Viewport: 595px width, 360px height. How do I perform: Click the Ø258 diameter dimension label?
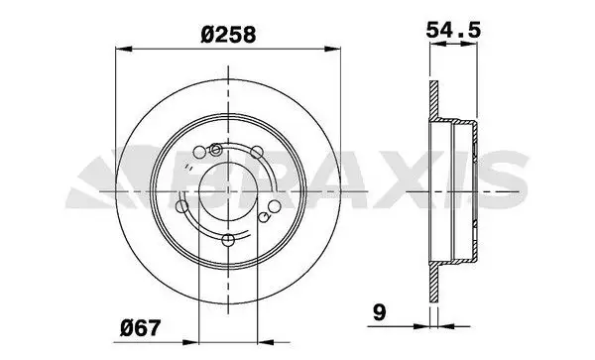[228, 34]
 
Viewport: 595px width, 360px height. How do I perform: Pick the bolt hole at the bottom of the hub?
[228, 240]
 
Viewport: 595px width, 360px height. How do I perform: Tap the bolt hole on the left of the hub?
[181, 208]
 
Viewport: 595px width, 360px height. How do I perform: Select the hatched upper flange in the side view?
[432, 99]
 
